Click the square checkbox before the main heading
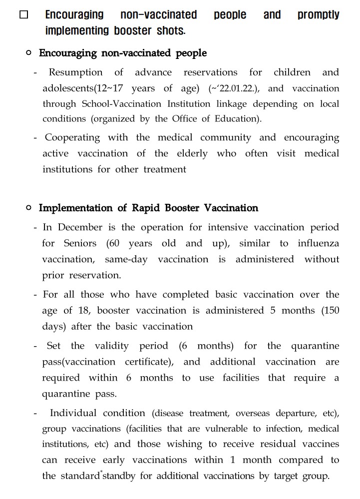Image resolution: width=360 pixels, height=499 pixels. [24, 15]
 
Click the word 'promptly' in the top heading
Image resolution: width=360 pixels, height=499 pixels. [318, 15]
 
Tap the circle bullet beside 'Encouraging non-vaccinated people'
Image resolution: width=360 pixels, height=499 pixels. [28, 52]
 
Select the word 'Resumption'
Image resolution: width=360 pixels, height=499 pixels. [75, 72]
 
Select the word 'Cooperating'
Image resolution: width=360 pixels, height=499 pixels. [72, 137]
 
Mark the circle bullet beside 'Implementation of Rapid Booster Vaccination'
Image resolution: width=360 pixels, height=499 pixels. [28, 207]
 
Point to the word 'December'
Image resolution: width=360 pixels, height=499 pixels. [80, 227]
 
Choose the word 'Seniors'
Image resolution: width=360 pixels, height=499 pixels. [80, 243]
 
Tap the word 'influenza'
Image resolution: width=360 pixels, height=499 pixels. [318, 243]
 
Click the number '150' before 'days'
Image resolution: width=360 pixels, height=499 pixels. [330, 310]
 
